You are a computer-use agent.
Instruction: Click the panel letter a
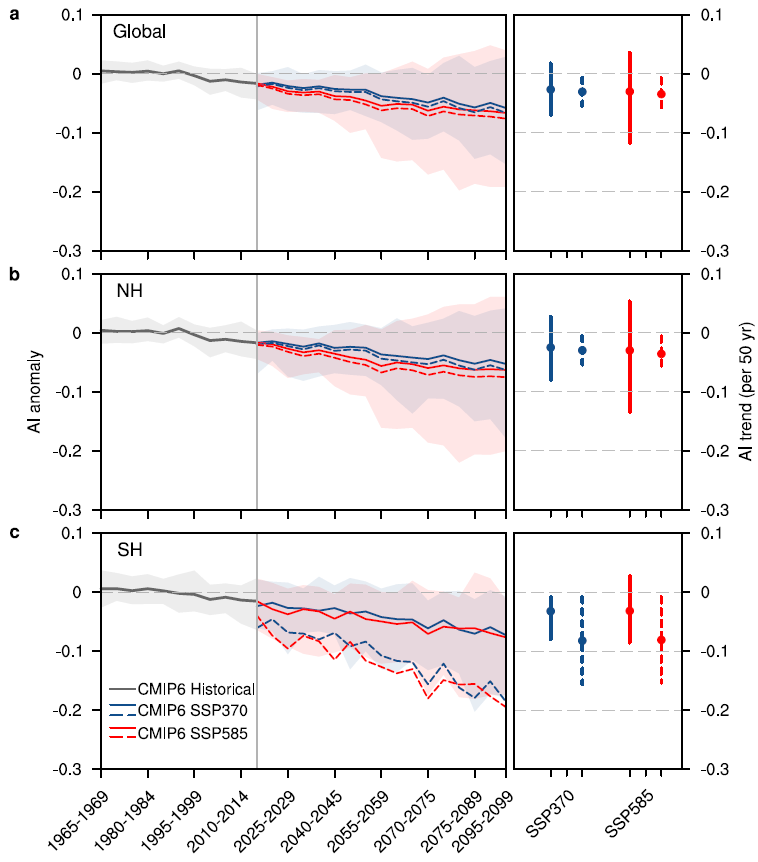pyautogui.click(x=13, y=16)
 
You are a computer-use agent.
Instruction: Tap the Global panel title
pyautogui.click(x=139, y=32)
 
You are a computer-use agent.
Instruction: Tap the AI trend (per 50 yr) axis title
pyautogui.click(x=745, y=391)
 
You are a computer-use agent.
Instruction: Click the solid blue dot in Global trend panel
pyautogui.click(x=550, y=89)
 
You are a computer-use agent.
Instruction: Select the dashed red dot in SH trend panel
pyautogui.click(x=661, y=640)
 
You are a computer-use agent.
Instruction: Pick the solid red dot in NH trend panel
pyautogui.click(x=630, y=350)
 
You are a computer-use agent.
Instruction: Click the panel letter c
pyautogui.click(x=13, y=532)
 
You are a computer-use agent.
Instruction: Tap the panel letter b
pyautogui.click(x=13, y=273)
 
